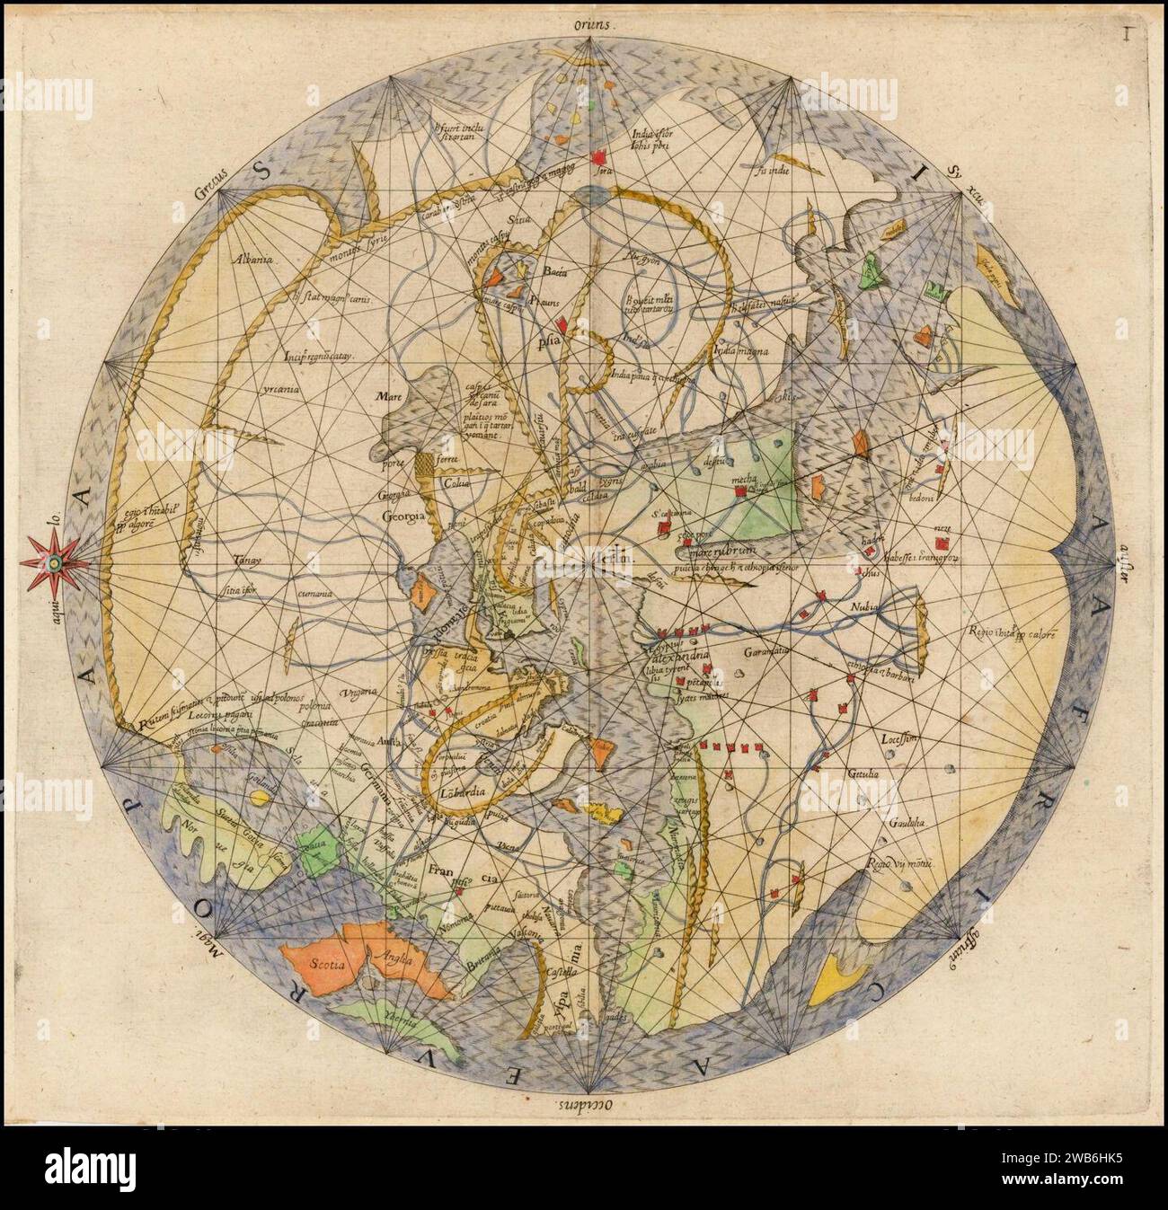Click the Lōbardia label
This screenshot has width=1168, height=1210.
[x=463, y=792]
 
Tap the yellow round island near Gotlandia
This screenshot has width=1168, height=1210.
[x=260, y=797]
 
